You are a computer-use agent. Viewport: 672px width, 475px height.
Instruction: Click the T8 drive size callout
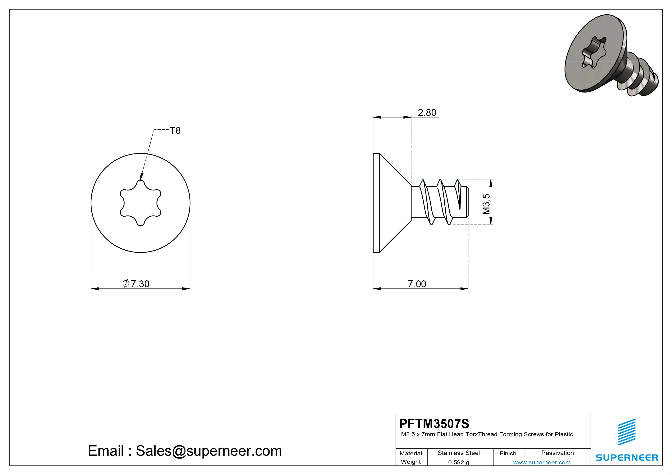pos(175,131)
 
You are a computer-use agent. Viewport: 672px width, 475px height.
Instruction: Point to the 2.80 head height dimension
pos(427,112)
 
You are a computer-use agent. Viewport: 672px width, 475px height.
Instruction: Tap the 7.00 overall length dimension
pos(417,284)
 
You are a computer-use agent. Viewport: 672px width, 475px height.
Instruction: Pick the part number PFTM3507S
pos(434,423)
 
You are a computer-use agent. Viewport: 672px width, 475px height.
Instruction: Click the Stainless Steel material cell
pos(459,453)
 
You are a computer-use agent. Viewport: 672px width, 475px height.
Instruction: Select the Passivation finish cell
pos(558,453)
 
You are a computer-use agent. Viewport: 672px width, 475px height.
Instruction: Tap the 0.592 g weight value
pos(459,462)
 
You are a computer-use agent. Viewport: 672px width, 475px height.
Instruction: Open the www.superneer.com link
pos(542,462)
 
